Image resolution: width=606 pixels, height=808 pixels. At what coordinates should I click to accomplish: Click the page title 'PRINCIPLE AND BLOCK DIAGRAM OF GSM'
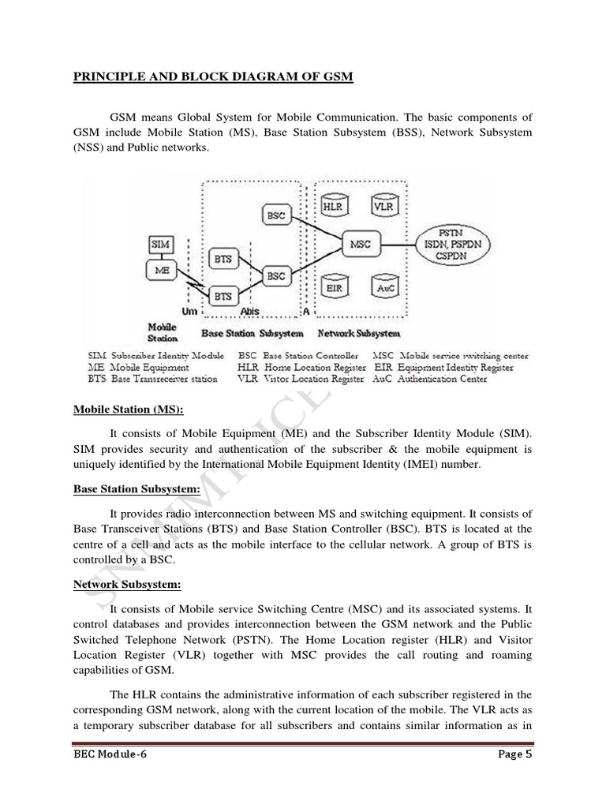213,77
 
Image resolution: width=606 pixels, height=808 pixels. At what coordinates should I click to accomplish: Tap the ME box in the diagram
162,269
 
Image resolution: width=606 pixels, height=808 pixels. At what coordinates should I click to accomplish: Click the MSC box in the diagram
359,245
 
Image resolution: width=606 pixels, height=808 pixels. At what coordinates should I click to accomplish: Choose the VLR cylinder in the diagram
386,207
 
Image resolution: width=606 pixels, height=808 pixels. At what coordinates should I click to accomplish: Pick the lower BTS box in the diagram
224,296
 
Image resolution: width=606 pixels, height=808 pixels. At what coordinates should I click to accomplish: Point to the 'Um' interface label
189,312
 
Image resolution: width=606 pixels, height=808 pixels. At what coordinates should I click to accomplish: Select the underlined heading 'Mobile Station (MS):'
128,410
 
